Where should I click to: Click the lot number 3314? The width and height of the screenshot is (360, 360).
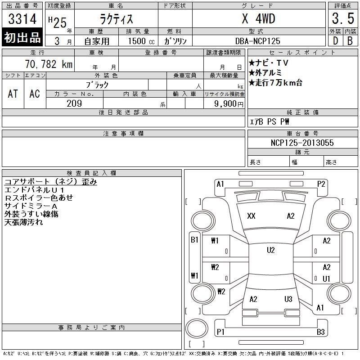22,19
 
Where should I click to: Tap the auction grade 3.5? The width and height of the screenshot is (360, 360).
343,18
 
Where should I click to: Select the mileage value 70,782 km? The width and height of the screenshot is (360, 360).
49,64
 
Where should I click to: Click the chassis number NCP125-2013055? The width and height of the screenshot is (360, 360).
302,143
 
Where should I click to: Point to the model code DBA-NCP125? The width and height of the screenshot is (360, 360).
257,41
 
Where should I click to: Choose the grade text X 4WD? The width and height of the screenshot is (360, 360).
258,18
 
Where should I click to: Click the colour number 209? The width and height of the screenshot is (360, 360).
74,103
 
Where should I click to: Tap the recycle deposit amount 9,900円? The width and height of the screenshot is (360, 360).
229,104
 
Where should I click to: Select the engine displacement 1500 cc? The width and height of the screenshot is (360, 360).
141,41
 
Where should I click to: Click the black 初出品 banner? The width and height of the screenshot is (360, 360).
22,37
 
